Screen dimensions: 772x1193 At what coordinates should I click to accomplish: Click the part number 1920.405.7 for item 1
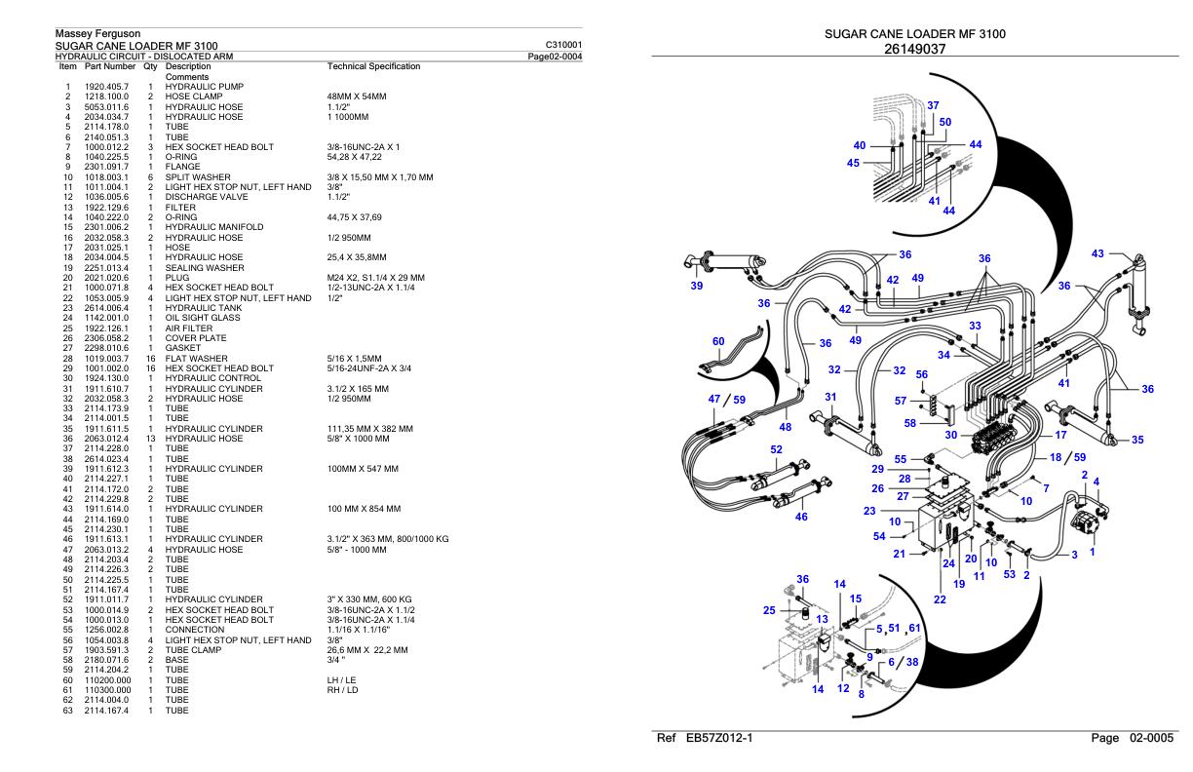pyautogui.click(x=107, y=88)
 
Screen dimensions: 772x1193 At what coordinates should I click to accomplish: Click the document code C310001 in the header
pyautogui.click(x=566, y=45)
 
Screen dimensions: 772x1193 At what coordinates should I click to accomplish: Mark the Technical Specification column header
pyautogui.click(x=374, y=66)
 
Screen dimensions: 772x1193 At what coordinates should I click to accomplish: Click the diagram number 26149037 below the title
pyautogui.click(x=914, y=49)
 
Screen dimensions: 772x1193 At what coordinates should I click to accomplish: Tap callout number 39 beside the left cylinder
pyautogui.click(x=696, y=287)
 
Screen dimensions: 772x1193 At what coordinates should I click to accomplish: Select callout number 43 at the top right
pyautogui.click(x=1098, y=253)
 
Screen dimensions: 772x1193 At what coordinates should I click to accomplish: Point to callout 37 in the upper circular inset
pyautogui.click(x=933, y=105)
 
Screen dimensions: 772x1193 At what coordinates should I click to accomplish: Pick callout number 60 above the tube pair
pyautogui.click(x=718, y=341)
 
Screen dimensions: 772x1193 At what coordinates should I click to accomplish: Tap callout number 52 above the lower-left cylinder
pyautogui.click(x=777, y=449)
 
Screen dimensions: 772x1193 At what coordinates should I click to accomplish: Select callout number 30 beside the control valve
pyautogui.click(x=950, y=434)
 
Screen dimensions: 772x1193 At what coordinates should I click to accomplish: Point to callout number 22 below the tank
pyautogui.click(x=940, y=599)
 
